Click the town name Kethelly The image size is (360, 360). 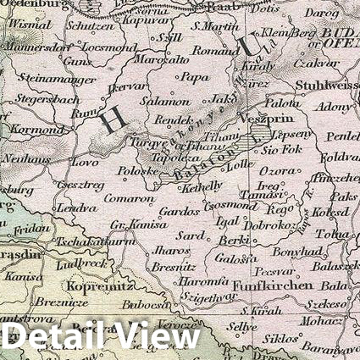coord(202,185)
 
